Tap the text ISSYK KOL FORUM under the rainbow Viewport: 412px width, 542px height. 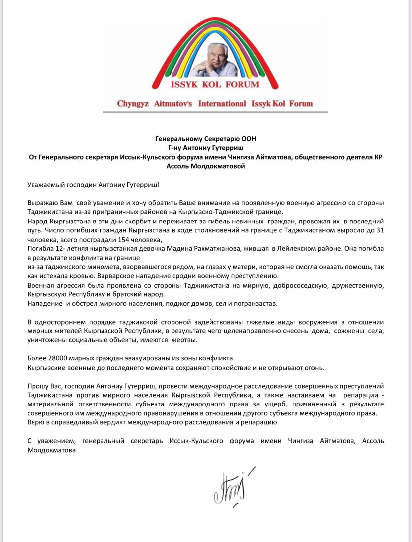[x=215, y=85]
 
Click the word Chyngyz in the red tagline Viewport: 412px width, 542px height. [x=133, y=104]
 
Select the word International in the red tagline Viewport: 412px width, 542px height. [x=222, y=104]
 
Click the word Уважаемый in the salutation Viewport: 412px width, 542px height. [x=43, y=185]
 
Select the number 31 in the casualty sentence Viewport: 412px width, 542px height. [x=380, y=230]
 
